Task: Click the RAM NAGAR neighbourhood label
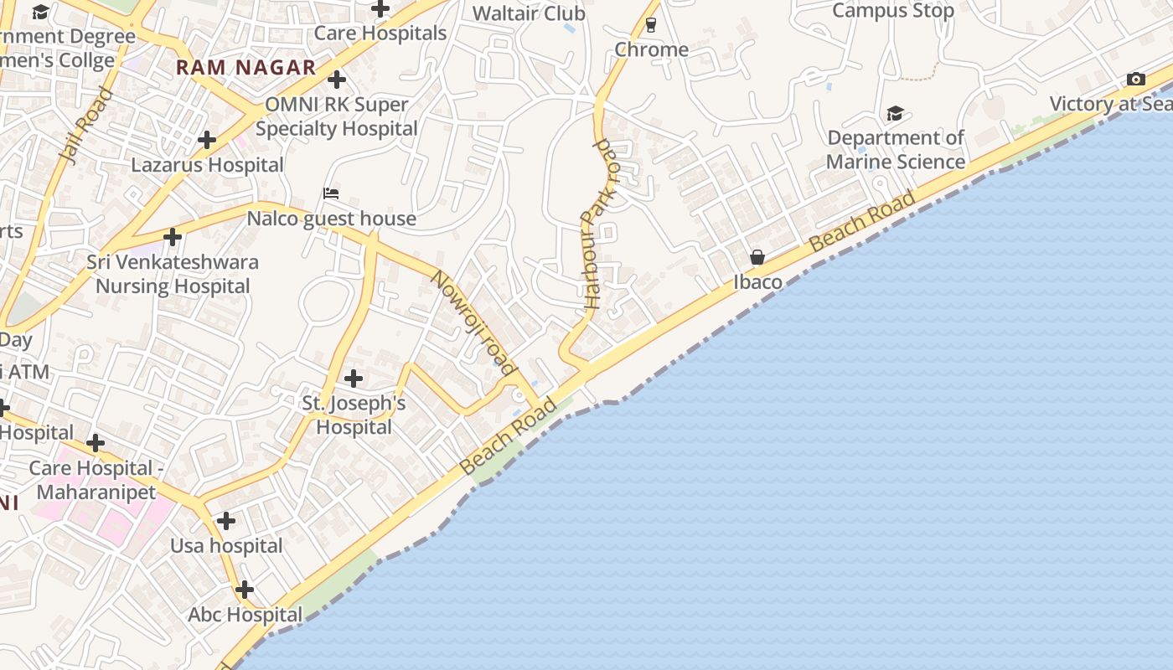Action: [x=245, y=68]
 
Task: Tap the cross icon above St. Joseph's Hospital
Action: [x=354, y=379]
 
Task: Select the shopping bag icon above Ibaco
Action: [x=757, y=257]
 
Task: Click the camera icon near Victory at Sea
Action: [x=1136, y=80]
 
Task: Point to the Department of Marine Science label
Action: [x=896, y=150]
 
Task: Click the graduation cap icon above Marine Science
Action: [x=895, y=113]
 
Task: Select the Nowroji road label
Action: [x=472, y=322]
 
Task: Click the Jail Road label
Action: [x=86, y=126]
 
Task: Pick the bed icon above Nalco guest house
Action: [x=331, y=193]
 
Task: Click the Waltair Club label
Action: [x=529, y=13]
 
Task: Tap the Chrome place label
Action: [x=651, y=49]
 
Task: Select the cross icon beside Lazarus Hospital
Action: [x=207, y=139]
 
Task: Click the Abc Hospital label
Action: [x=245, y=615]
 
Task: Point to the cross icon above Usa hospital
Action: [x=225, y=521]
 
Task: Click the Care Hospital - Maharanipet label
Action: [x=92, y=480]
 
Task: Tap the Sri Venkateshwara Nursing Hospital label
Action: [x=173, y=274]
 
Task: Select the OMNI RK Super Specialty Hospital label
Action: [x=336, y=116]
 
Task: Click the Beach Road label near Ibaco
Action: [x=863, y=222]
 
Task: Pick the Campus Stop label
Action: [x=893, y=11]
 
